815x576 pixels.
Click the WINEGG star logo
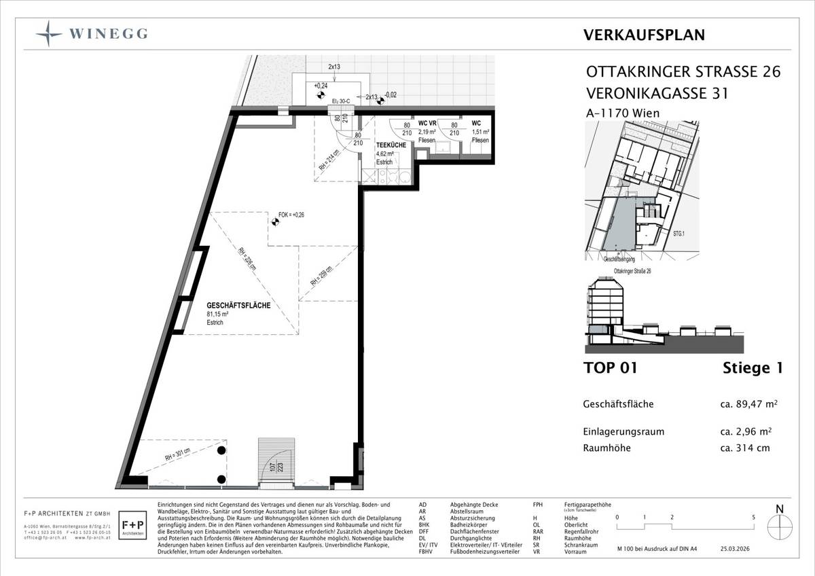(50, 33)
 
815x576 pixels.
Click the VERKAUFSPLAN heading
(644, 35)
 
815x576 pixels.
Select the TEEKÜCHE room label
(391, 145)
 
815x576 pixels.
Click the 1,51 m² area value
(480, 132)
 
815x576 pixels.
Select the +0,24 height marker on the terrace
(321, 86)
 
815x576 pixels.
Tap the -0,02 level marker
(391, 95)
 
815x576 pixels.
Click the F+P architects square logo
(131, 527)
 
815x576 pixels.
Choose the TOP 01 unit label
(610, 368)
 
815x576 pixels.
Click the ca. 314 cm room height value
(745, 448)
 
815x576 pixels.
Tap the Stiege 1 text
(753, 368)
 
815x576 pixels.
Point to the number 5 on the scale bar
(754, 517)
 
